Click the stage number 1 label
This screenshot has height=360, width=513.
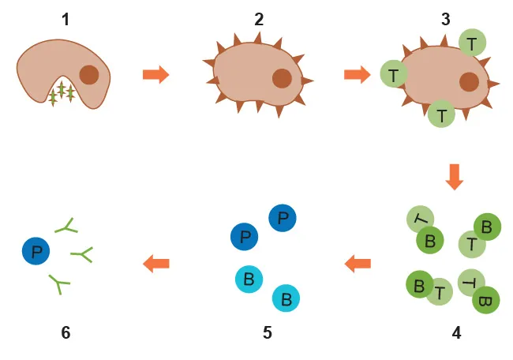point(65,17)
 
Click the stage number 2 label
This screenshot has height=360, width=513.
point(259,17)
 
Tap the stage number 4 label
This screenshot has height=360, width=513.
point(456,332)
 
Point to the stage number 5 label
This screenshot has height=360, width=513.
point(268,332)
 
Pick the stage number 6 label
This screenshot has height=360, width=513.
point(66,332)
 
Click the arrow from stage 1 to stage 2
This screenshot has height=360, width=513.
point(155,75)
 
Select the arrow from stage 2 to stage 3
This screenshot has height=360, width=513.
point(358,75)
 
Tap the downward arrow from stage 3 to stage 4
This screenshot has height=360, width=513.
point(454,176)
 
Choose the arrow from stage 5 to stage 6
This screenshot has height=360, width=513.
point(156,264)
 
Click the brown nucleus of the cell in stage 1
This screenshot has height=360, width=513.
point(89,75)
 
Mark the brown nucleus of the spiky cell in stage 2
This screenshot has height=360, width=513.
point(282,78)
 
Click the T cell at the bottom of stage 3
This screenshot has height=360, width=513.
point(441,114)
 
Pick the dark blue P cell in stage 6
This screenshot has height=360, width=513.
point(36,252)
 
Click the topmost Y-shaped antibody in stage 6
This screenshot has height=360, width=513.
point(66,227)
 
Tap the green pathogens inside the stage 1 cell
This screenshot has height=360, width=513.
point(62,92)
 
